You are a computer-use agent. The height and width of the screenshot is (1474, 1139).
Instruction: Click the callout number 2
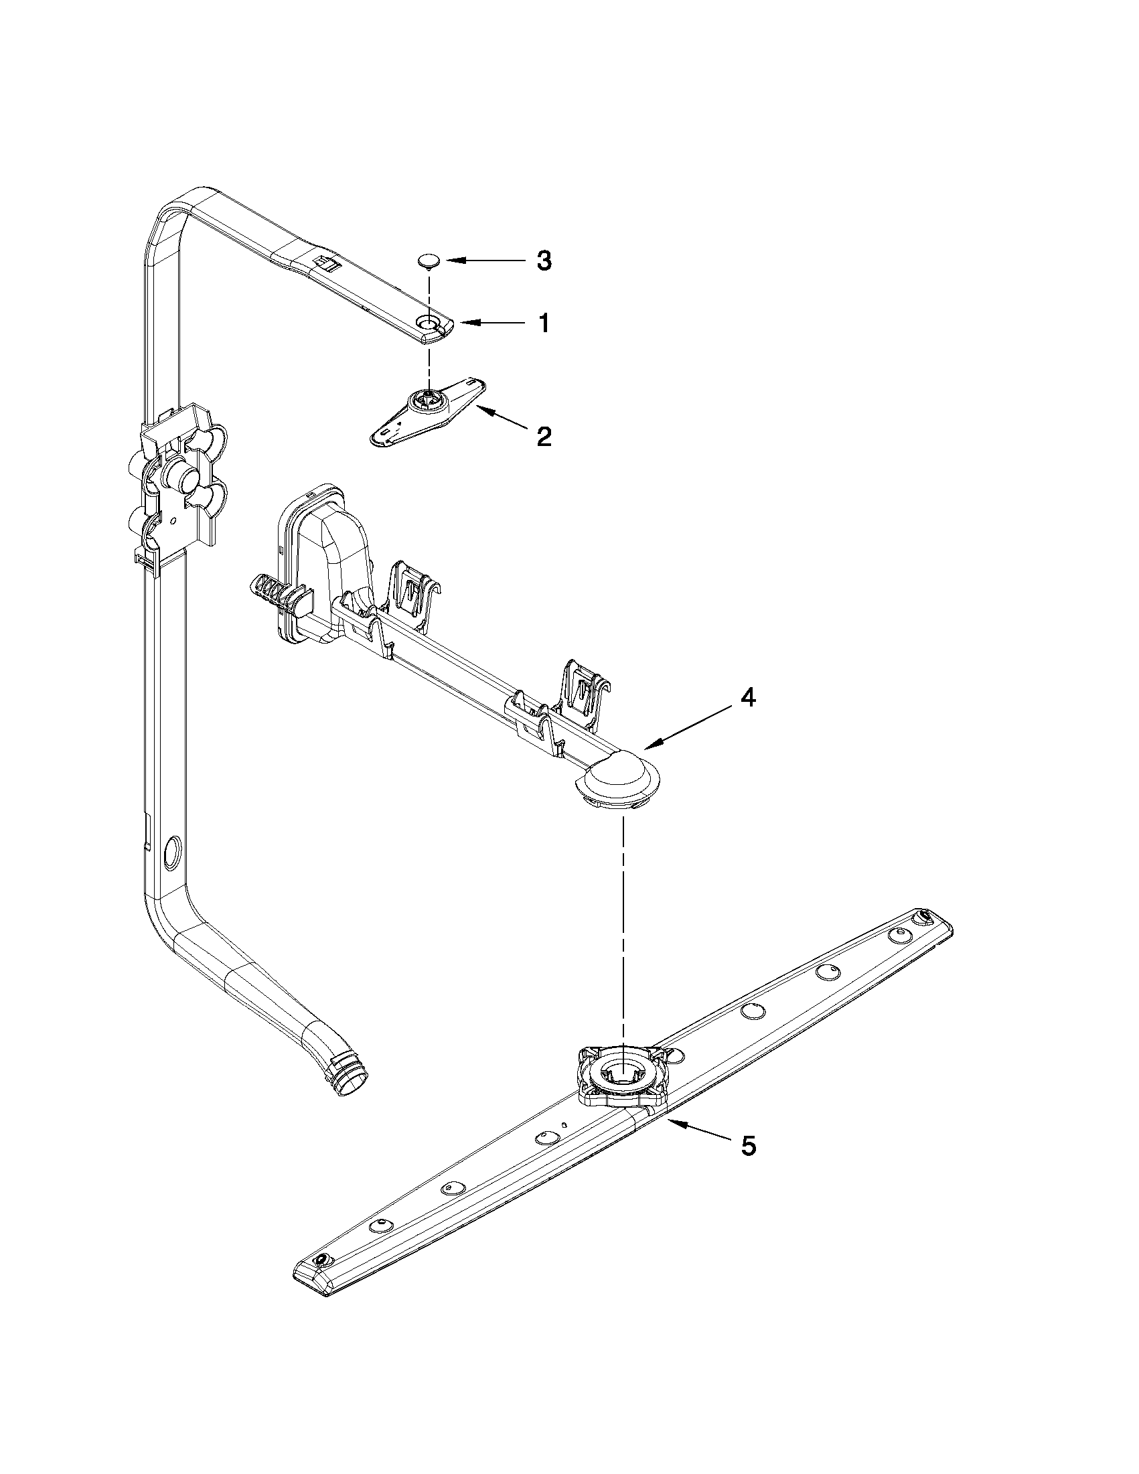coord(544,437)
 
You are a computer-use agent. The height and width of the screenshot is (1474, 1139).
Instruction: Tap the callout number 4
coord(747,698)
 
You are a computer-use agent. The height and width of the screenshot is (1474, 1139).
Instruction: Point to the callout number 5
coord(748,1146)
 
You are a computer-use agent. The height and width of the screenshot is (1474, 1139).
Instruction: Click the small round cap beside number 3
coord(427,260)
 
